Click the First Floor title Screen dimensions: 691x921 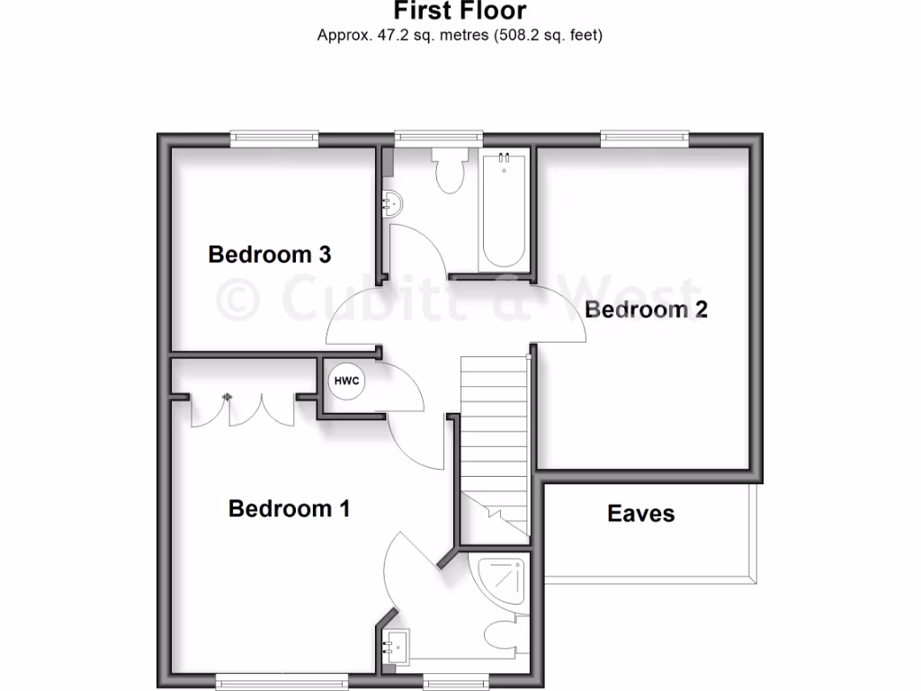460,11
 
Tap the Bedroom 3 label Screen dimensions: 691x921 269,255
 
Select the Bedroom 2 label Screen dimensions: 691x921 646,310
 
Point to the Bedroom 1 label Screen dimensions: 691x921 289,509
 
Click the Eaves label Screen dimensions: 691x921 640,514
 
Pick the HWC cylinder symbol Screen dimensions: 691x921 346,381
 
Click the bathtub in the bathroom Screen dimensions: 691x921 504,211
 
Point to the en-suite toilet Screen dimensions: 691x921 505,633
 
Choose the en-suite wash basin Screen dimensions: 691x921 395,644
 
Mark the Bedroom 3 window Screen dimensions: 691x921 274,138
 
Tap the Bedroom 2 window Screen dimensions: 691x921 645,138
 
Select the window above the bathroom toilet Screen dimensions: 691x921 438,138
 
